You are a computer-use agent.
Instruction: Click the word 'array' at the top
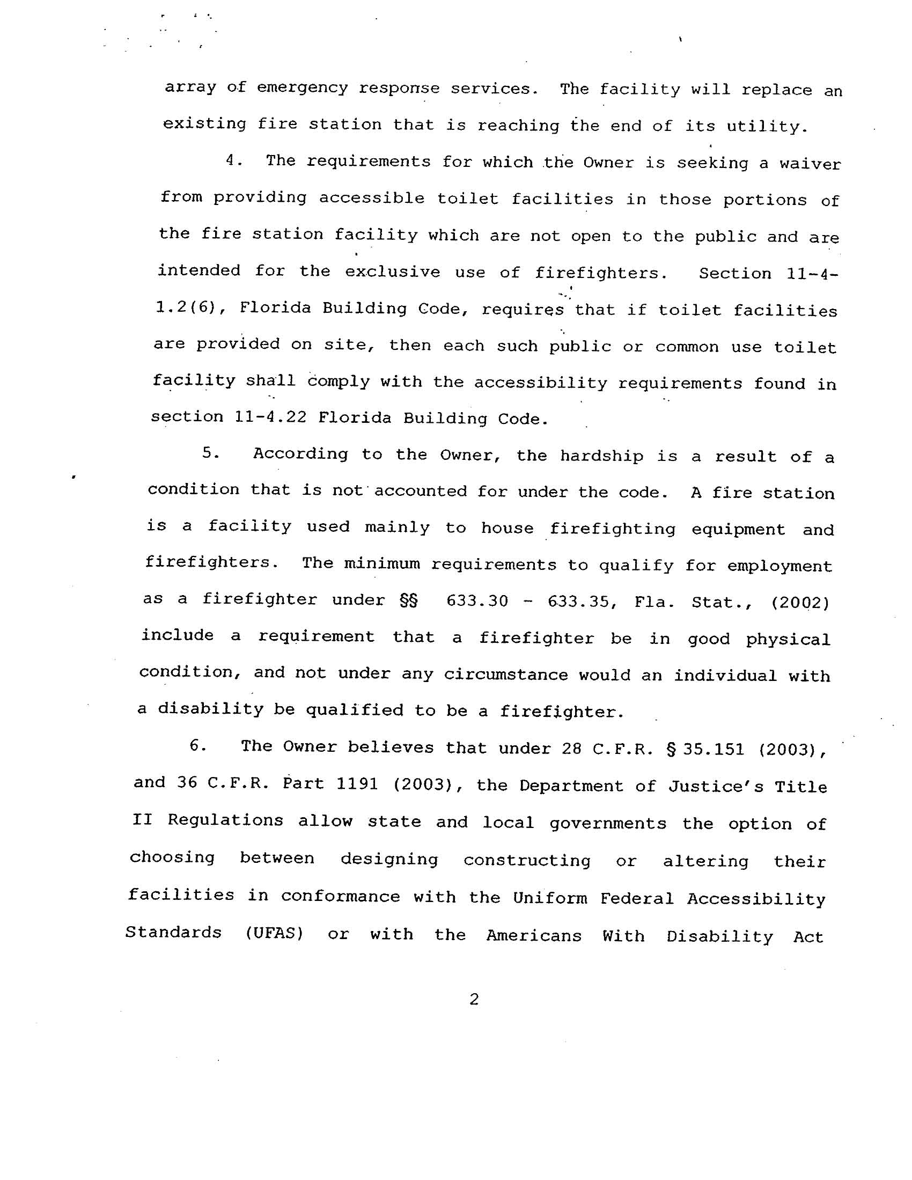coord(190,87)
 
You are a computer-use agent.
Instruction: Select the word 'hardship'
coord(601,456)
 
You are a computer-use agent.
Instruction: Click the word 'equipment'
coord(738,529)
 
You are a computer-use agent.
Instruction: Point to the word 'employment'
coord(779,566)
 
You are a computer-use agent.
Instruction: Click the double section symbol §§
coord(408,600)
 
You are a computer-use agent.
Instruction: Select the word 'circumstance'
coord(506,675)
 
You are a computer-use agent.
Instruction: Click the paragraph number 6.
coord(197,745)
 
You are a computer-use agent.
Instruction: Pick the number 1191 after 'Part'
coord(357,783)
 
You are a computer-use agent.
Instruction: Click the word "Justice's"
coord(715,786)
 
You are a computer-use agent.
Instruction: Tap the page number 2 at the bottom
coord(474,1000)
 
